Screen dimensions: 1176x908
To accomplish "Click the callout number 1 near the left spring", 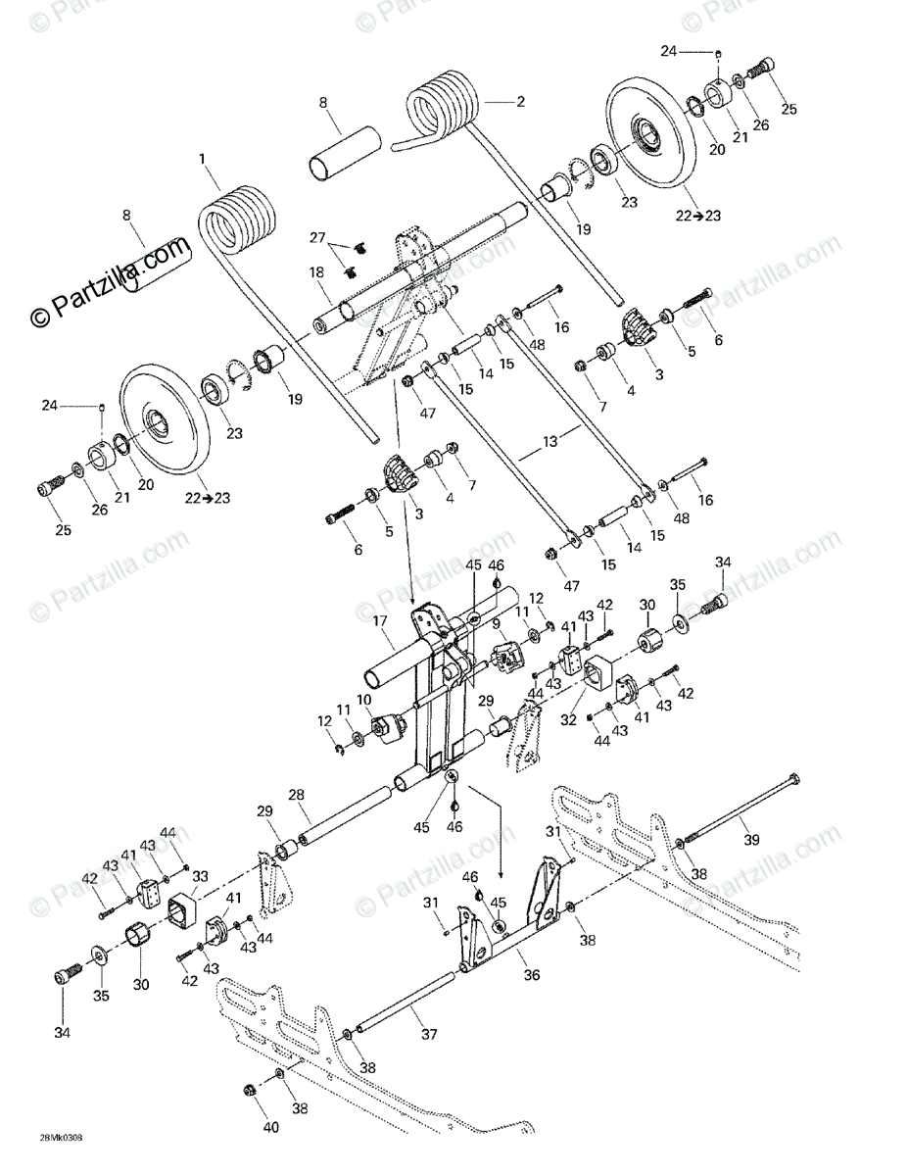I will (203, 158).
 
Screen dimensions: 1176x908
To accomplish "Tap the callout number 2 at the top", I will (520, 101).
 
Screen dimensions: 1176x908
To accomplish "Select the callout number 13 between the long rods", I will (551, 442).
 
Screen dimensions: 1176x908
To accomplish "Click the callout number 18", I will (317, 272).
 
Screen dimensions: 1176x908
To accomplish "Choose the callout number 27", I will (317, 237).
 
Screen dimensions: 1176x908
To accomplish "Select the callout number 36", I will (531, 977).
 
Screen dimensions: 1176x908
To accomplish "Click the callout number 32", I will (569, 720).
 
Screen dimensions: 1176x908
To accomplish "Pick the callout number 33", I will (200, 875).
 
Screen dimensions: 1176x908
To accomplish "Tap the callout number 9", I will (496, 623).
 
